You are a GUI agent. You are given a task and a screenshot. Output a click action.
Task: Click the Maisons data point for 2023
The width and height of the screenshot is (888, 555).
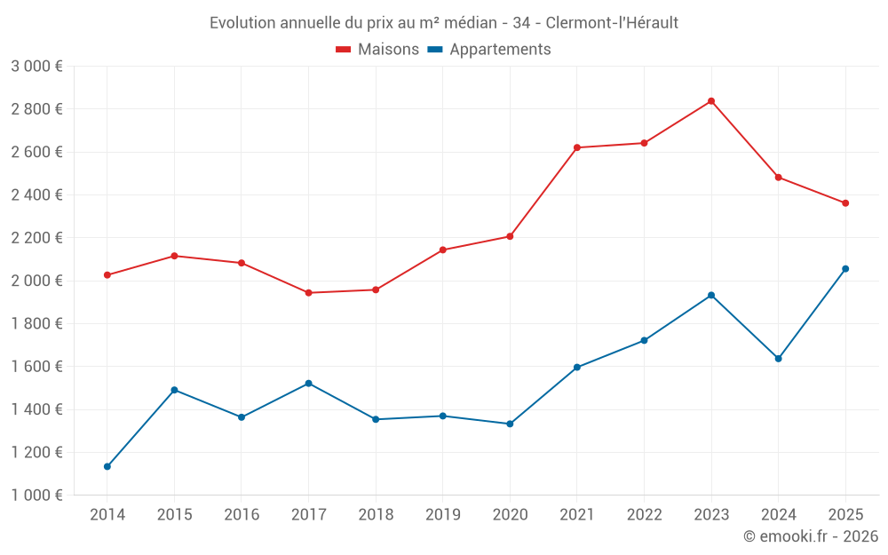[x=711, y=101]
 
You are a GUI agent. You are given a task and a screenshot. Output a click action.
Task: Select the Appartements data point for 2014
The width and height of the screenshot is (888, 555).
[x=107, y=466]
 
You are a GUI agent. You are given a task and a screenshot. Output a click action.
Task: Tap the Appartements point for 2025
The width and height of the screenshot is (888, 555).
[x=845, y=269]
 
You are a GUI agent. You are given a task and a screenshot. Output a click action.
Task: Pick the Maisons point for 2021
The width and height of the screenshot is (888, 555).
[x=577, y=147]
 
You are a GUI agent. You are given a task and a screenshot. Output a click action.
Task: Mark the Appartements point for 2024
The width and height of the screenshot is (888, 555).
[x=779, y=359]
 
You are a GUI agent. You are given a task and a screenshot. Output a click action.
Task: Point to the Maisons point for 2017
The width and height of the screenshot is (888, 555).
[x=308, y=293]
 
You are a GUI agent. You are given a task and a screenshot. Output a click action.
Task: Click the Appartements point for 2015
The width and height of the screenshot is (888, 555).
[x=174, y=390]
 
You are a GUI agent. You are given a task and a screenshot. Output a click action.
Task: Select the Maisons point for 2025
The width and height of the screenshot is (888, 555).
[x=845, y=203]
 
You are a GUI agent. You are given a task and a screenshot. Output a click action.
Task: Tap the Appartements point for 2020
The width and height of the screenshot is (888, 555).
[x=510, y=424]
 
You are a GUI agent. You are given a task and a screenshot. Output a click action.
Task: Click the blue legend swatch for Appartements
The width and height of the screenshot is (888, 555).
[x=435, y=50]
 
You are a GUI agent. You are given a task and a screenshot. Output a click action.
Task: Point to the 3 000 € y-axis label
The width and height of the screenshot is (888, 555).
[x=36, y=67]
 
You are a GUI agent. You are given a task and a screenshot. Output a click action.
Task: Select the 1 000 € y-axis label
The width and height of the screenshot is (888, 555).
[x=36, y=496]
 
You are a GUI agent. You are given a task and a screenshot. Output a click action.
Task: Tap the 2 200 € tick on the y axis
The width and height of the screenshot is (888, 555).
[x=36, y=238]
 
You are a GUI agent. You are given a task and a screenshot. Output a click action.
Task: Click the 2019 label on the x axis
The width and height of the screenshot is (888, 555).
[x=442, y=515]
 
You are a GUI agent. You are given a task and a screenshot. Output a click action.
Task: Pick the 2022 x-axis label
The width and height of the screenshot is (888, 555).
[x=644, y=515]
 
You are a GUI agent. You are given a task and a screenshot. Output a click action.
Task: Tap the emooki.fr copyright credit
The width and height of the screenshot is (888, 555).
[x=811, y=536]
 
